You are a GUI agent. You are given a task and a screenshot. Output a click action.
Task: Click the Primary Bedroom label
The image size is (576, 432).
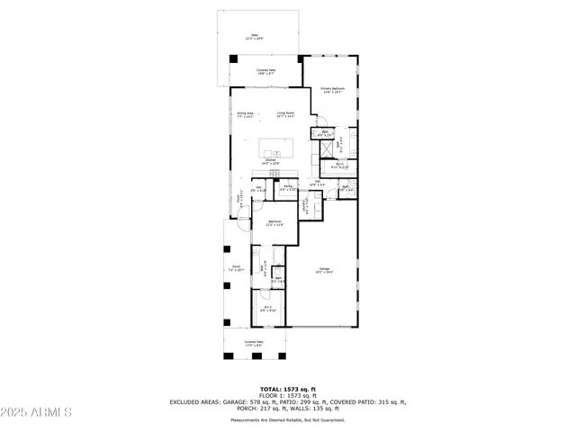tap(332, 89)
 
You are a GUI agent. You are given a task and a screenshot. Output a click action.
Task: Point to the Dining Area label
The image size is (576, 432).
tap(246, 113)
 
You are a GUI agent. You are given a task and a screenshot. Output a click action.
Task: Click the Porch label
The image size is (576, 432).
tap(237, 268)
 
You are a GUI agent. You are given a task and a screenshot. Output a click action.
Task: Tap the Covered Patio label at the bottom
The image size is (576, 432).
tap(254, 343)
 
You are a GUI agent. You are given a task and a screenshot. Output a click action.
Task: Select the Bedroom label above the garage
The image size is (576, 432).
tap(274, 222)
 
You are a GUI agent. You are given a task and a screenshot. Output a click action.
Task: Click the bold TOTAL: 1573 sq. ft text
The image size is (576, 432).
tap(288, 389)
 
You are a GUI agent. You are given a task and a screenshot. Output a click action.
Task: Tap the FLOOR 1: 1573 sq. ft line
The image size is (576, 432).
tap(288, 395)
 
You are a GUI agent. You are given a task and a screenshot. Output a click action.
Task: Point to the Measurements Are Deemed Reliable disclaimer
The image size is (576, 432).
tap(288, 420)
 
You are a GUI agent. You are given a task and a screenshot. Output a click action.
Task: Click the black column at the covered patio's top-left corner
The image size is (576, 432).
tap(234, 60)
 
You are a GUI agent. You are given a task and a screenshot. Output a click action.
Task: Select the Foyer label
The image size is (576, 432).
tap(238, 202)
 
